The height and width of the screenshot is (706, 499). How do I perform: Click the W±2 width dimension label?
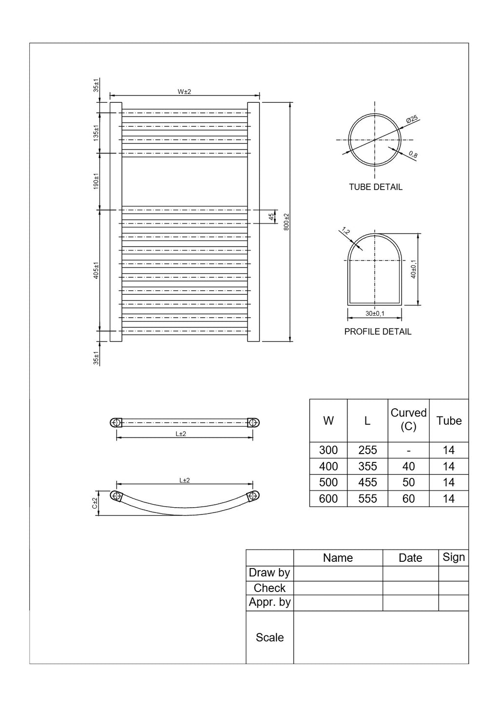tap(184, 92)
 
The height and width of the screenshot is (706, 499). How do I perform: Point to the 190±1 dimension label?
tap(96, 181)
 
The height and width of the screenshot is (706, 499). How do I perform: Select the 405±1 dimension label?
tap(96, 270)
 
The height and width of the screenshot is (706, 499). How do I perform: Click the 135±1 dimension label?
tap(96, 133)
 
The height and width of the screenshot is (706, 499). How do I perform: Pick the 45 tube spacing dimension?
tap(271, 217)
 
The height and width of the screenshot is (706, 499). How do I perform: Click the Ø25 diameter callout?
tap(412, 119)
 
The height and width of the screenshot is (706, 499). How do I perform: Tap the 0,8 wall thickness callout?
tap(413, 154)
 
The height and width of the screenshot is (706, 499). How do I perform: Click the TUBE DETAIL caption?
tap(375, 187)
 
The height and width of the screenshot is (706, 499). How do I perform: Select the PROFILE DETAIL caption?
tap(378, 332)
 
